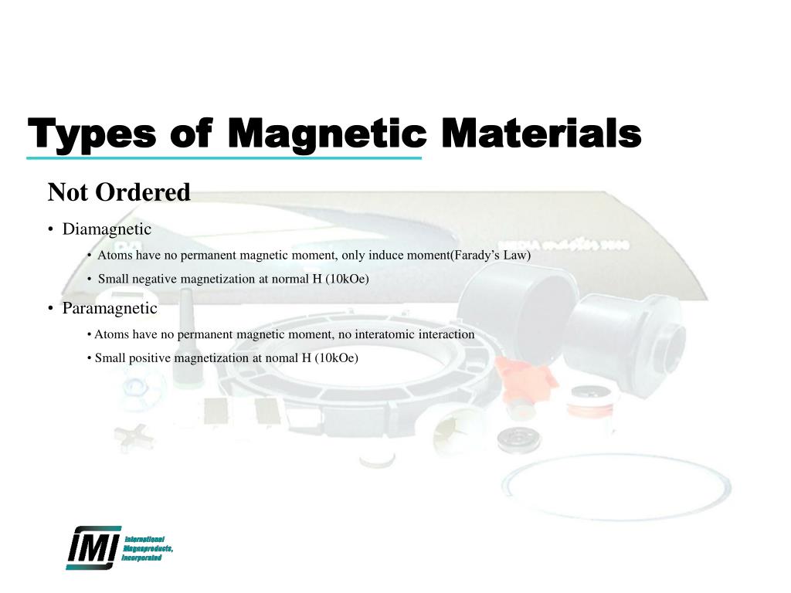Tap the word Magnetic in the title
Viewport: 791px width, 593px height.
(x=328, y=136)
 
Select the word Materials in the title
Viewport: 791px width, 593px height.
(x=541, y=134)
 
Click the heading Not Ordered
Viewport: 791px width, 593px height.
(x=119, y=192)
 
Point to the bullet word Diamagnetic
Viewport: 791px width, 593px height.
(x=107, y=229)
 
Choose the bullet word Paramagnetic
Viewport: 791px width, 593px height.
(x=110, y=308)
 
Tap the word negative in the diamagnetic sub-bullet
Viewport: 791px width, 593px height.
(x=154, y=280)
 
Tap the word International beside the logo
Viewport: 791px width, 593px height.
(x=145, y=538)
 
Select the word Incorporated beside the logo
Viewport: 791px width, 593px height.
(x=142, y=557)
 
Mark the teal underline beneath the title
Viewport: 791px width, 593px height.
(x=224, y=158)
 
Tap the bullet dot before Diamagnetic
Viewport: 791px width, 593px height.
(x=50, y=230)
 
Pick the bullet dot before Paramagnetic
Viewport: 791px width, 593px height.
(x=50, y=309)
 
